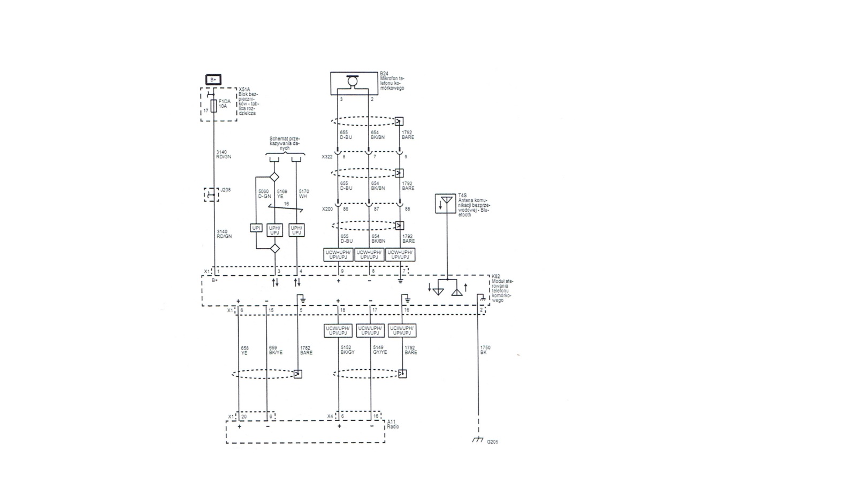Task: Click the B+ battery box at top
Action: (213, 80)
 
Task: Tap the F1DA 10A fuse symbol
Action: (213, 105)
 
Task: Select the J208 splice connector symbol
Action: (212, 195)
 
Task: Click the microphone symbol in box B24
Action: (352, 81)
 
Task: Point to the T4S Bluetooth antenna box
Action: (446, 204)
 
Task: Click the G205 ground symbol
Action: (478, 440)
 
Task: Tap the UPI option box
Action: (256, 228)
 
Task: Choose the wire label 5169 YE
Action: (282, 193)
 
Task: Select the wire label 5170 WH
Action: (303, 193)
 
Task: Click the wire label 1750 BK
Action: (485, 350)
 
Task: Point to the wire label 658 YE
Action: (244, 350)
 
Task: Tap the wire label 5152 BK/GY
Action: (347, 350)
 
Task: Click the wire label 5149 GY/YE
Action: (379, 350)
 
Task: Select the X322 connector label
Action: (327, 157)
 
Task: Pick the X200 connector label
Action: (327, 209)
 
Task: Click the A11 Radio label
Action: (393, 424)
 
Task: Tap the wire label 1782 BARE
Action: (306, 350)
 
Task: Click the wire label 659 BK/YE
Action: (276, 350)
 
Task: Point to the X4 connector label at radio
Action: (330, 416)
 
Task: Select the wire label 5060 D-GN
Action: (264, 193)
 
